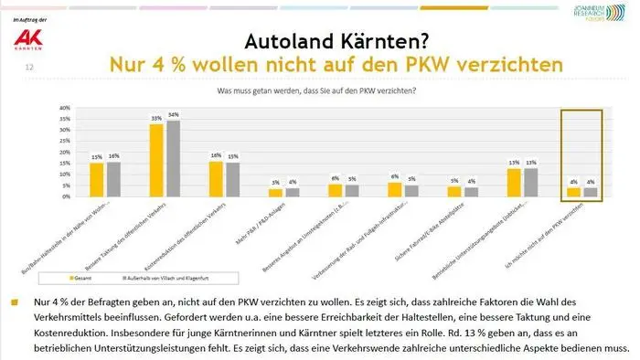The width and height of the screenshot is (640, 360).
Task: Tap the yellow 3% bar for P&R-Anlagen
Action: (x=275, y=193)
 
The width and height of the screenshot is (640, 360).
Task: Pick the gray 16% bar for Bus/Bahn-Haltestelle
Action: (x=113, y=179)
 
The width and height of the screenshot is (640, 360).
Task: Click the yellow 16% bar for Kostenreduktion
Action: (x=216, y=179)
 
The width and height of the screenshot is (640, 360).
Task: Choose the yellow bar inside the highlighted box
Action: (x=573, y=192)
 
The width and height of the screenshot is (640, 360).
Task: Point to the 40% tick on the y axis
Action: (x=65, y=108)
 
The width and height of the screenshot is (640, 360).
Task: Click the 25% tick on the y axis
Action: (x=65, y=142)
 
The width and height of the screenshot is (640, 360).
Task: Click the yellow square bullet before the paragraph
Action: (x=12, y=301)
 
